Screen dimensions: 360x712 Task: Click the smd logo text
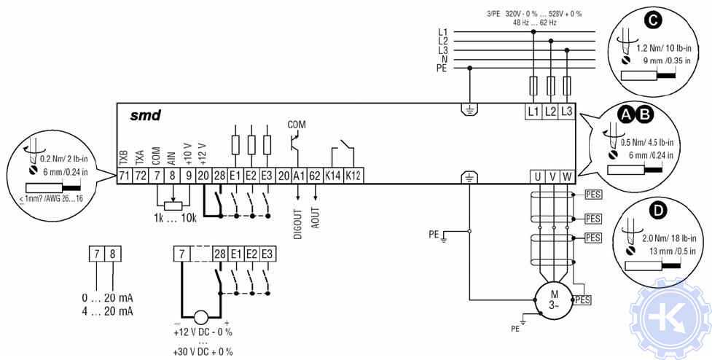tap(146, 116)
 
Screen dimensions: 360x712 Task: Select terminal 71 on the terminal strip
tap(125, 176)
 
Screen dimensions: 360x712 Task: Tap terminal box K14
tap(334, 176)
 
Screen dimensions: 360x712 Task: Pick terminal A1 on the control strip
tap(299, 176)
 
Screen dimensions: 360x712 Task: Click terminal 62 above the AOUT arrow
tap(316, 176)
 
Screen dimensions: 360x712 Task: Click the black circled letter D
tap(660, 211)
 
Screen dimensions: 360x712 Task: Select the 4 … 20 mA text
tap(108, 311)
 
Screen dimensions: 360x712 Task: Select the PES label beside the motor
tap(583, 300)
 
